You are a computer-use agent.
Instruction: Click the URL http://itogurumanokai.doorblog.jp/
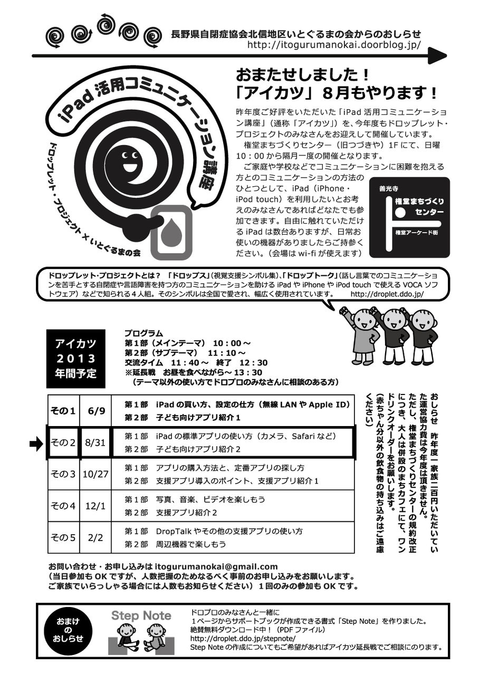coord(334,45)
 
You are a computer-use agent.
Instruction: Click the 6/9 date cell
coord(95,411)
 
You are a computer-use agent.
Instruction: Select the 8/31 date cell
coord(95,442)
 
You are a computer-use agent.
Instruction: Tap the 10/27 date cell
coord(95,474)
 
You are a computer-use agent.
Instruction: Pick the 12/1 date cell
coord(95,506)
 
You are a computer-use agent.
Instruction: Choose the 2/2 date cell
coord(95,537)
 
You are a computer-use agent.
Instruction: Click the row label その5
coord(63,537)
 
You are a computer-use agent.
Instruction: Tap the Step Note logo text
coord(141,615)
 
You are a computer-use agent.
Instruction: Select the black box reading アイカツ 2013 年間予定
coord(76,359)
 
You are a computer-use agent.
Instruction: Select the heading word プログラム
coord(144,333)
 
